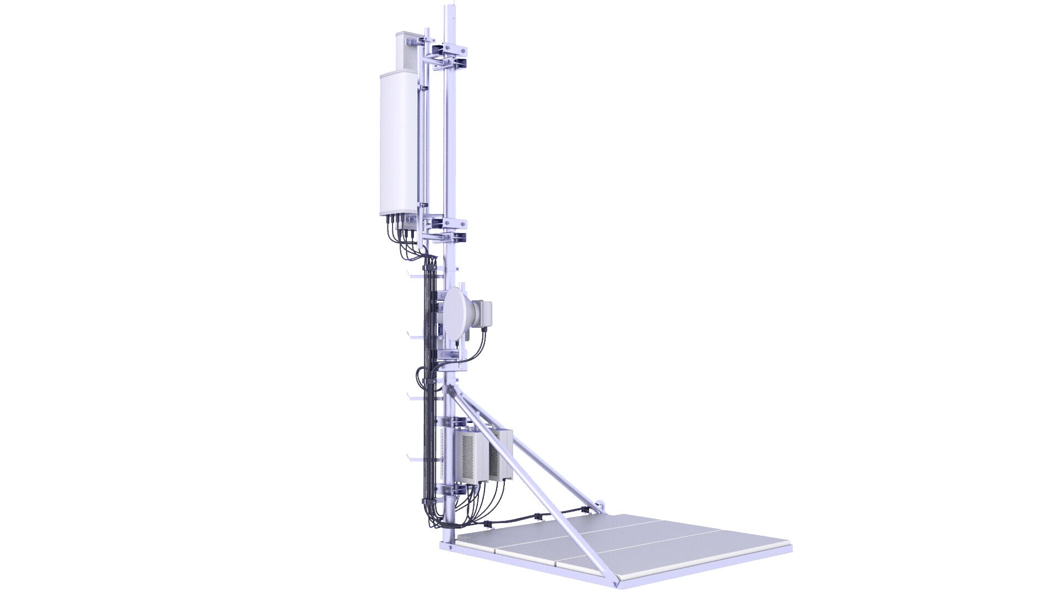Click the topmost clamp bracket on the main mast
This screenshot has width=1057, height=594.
point(449,51)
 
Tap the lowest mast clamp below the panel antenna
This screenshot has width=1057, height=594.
point(448,238)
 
